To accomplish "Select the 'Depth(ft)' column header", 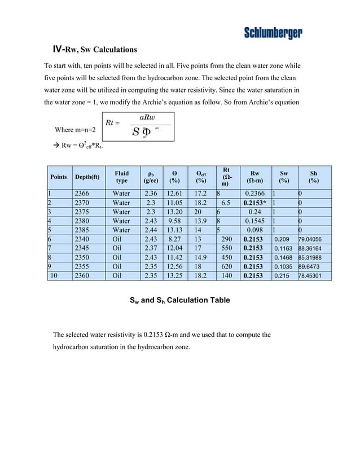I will [x=87, y=177].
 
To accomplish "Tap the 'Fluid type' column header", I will [x=121, y=177].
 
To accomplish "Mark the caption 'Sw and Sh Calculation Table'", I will [x=179, y=300].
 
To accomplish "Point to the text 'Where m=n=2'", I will [x=75, y=130].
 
